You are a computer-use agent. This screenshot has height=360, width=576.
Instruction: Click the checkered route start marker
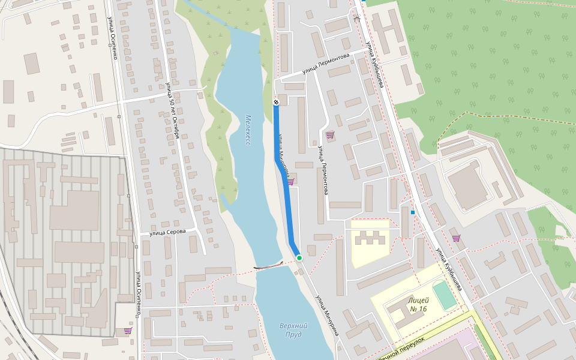click(x=276, y=102)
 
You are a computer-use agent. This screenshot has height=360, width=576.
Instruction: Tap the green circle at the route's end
click(x=299, y=258)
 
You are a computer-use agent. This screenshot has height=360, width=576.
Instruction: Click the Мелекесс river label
click(x=248, y=130)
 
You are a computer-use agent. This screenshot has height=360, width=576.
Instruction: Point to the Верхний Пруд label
click(x=293, y=329)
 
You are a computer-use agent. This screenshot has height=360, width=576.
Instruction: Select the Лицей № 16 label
click(x=417, y=304)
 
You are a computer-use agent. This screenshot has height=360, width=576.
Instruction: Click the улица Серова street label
click(x=167, y=232)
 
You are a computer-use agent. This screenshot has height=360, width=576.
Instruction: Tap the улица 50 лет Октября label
click(x=172, y=111)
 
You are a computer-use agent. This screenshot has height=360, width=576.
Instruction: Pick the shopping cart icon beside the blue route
click(x=290, y=181)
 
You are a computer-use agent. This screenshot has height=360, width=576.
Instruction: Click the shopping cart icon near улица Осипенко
click(x=127, y=330)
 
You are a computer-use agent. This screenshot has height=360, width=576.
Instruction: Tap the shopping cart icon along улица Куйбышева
click(x=456, y=238)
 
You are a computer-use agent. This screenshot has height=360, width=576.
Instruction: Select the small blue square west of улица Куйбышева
click(x=413, y=212)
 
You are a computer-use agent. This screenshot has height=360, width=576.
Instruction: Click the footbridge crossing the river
click(x=268, y=265)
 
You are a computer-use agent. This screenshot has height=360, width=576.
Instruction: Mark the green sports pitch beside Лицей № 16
click(x=444, y=296)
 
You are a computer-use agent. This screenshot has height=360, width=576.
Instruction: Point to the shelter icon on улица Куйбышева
click(x=357, y=19)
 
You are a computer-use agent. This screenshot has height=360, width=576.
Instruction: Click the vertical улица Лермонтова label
click(x=323, y=170)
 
